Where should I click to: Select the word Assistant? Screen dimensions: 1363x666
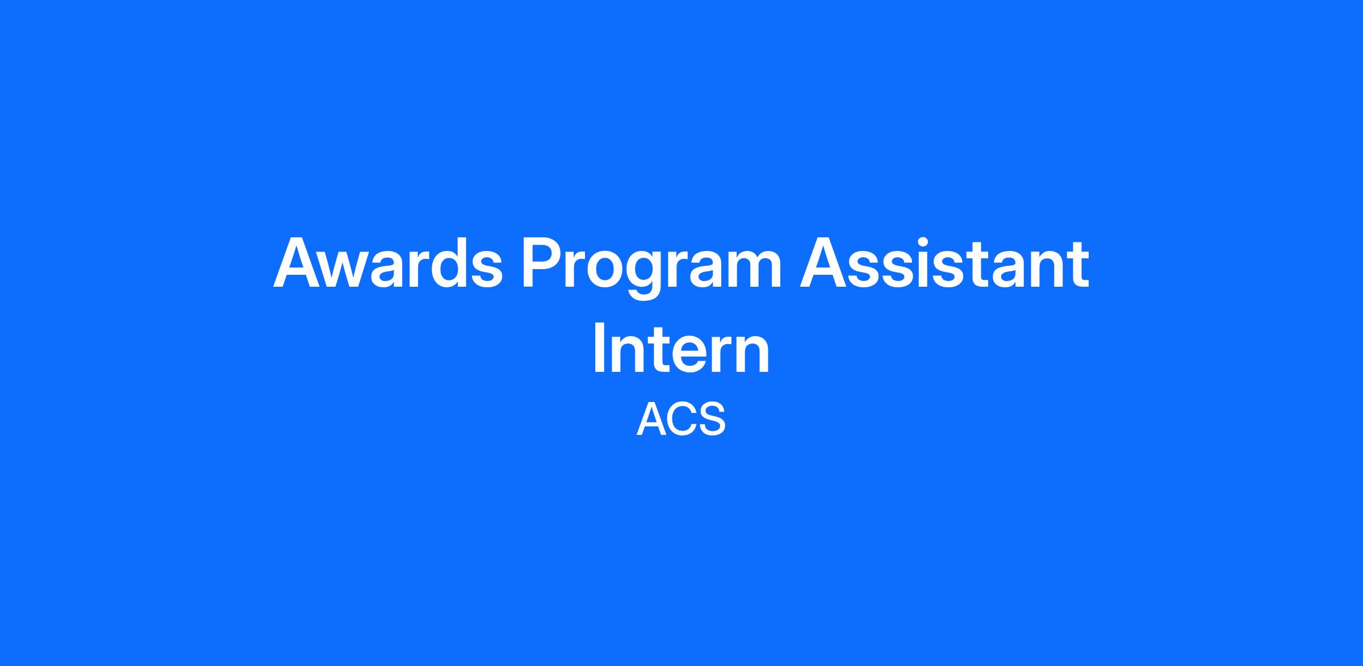click(944, 262)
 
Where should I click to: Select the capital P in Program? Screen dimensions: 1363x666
click(544, 263)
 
